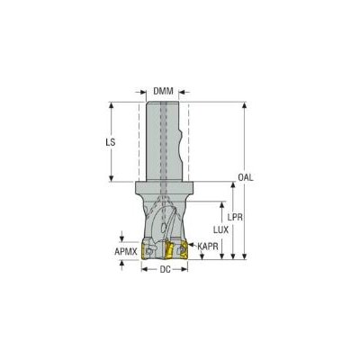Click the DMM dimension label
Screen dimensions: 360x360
point(163,91)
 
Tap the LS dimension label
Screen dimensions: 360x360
point(111,142)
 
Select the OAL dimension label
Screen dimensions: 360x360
point(246,177)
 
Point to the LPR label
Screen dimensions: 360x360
point(235,217)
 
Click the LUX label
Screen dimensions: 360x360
point(220,230)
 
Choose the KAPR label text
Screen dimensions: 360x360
point(207,247)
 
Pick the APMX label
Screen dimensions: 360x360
point(126,251)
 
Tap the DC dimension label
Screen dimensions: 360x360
point(165,270)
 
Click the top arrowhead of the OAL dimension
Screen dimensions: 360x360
point(245,105)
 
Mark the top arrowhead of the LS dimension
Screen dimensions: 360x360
point(111,105)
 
